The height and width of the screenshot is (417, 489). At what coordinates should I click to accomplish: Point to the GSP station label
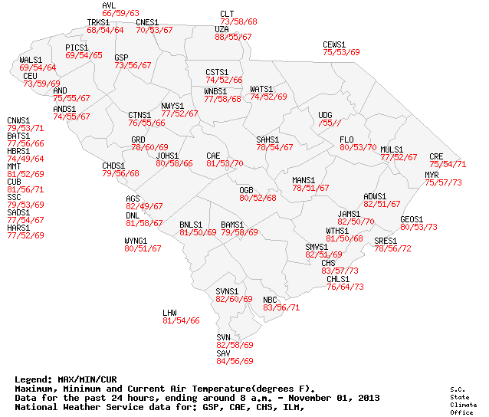pyautogui.click(x=121, y=57)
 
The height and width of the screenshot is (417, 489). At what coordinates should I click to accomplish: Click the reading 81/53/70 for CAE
pyautogui.click(x=225, y=163)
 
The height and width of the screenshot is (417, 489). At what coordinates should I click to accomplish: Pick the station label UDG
pyautogui.click(x=325, y=115)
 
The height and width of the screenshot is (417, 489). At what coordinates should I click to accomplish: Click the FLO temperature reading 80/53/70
pyautogui.click(x=358, y=147)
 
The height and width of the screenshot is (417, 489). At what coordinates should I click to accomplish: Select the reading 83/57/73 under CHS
pyautogui.click(x=340, y=271)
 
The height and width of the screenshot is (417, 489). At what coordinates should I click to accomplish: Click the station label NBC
pyautogui.click(x=270, y=299)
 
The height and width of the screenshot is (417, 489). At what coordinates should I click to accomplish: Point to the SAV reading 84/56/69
pyautogui.click(x=235, y=360)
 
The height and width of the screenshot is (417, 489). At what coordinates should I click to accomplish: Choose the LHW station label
pyautogui.click(x=169, y=313)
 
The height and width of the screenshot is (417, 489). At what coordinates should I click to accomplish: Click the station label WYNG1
pyautogui.click(x=136, y=241)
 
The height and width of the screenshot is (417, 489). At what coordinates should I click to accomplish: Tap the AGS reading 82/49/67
pyautogui.click(x=144, y=206)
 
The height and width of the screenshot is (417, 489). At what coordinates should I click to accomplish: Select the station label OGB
pyautogui.click(x=246, y=189)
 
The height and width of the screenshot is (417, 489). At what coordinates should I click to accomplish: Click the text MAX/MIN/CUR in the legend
pyautogui.click(x=87, y=379)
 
